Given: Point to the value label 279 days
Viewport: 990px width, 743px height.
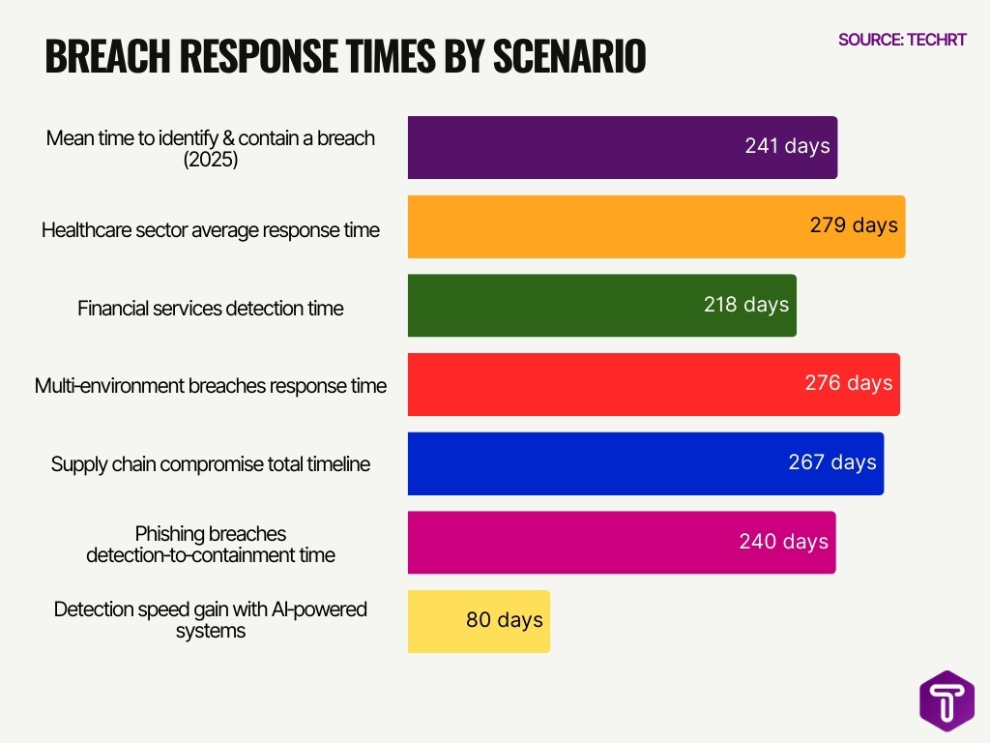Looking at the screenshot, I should [854, 225].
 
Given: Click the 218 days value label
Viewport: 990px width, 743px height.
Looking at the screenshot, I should [746, 305].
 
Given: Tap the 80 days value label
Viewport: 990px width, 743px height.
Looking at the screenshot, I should [504, 620].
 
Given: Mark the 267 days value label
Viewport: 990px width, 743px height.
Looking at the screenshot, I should [831, 462].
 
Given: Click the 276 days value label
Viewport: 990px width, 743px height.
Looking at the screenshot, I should [848, 383].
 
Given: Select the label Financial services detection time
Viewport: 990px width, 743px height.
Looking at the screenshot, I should [210, 309].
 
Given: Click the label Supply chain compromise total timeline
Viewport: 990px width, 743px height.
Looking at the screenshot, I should [210, 464].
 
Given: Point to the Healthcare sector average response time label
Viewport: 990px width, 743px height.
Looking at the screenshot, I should [210, 230].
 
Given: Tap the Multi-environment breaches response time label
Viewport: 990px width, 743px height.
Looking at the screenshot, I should [210, 386].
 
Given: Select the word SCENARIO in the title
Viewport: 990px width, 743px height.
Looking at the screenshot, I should [569, 57].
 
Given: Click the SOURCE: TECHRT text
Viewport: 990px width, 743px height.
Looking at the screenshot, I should [901, 40].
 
